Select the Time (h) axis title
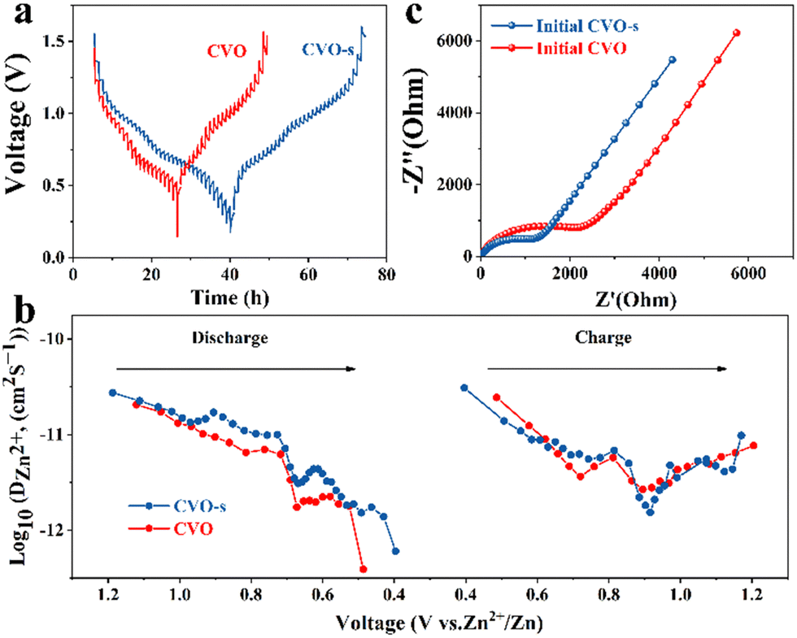click(232, 298)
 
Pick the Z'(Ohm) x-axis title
click(635, 301)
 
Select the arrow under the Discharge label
click(236, 368)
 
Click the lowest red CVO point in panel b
click(363, 569)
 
